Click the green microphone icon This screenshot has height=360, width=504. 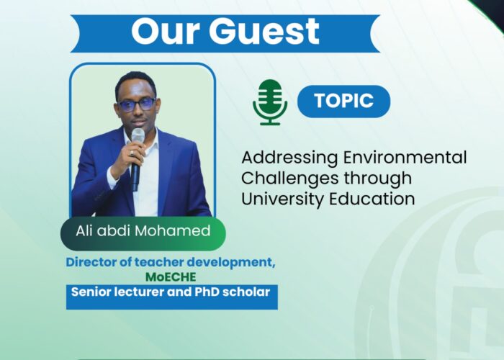270,102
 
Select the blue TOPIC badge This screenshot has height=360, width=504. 343,102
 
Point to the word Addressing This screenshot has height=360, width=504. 289,158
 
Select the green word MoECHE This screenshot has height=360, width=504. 171,277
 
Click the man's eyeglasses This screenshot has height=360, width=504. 136,104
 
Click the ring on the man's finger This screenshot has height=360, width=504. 132,153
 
